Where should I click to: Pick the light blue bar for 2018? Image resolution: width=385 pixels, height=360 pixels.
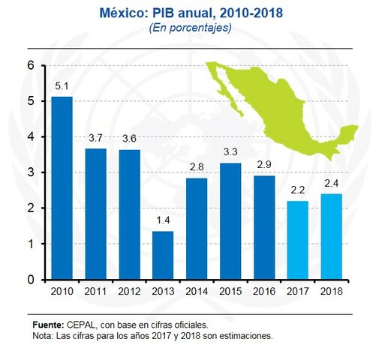(331, 236)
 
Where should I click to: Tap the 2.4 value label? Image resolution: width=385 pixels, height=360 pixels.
(331, 182)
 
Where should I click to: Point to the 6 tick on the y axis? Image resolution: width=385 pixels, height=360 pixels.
(31, 65)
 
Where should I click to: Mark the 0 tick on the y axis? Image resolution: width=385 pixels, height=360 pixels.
(31, 280)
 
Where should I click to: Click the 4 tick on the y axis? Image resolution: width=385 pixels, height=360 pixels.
(31, 137)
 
